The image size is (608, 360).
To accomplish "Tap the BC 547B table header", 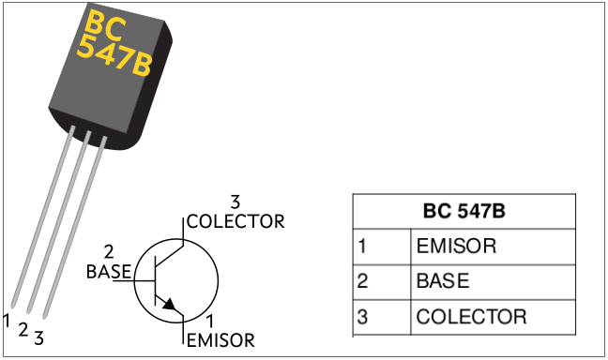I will click(x=463, y=212).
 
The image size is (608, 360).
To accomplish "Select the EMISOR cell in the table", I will click(x=456, y=247).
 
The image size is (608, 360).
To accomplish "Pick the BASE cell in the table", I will click(x=443, y=281).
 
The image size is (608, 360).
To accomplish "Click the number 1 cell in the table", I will click(x=362, y=247).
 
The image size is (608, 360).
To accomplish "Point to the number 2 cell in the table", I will click(x=362, y=281).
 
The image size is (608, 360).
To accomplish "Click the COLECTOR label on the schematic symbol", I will click(x=235, y=222).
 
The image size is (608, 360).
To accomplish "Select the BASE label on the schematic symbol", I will click(x=108, y=272).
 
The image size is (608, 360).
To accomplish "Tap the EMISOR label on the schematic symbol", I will click(x=220, y=340).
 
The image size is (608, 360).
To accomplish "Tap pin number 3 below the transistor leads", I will click(x=38, y=338).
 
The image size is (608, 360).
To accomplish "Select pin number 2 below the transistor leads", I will click(x=23, y=330).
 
